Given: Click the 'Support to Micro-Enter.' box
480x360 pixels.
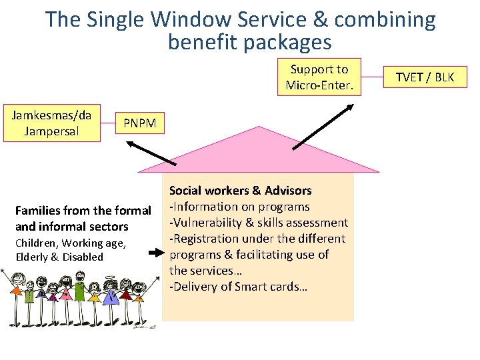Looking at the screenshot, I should click(x=319, y=77).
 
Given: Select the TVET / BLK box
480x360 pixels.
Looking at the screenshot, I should click(x=425, y=77).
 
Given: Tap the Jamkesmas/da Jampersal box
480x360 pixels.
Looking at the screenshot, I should click(x=52, y=123).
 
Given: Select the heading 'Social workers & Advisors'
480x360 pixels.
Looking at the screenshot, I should click(x=240, y=191).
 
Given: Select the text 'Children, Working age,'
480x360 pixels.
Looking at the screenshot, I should click(x=71, y=243).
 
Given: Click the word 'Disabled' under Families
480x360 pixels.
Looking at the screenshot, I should click(x=84, y=257).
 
